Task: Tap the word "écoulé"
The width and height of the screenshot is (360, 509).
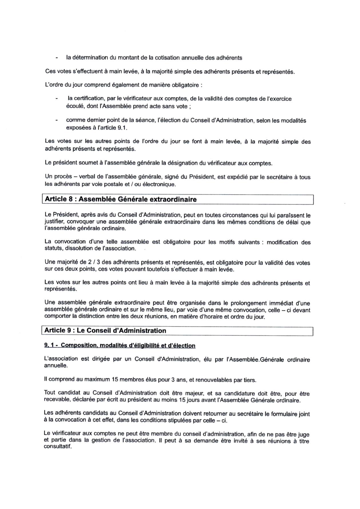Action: tap(74, 106)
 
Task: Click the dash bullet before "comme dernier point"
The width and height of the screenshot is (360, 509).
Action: tap(57, 120)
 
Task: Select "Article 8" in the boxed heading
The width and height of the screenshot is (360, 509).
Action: tap(58, 199)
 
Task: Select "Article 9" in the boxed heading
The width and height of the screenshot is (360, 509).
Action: tap(58, 330)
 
